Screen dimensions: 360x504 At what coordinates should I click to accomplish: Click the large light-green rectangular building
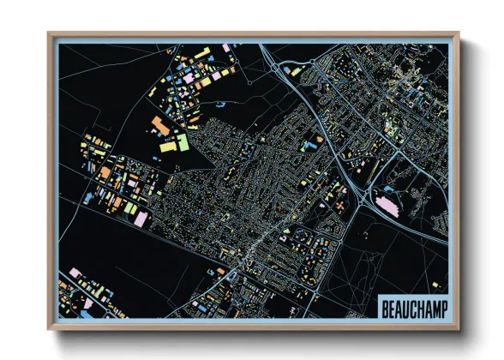click(x=182, y=142)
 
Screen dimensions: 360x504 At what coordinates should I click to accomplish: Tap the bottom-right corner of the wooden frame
click(x=459, y=327)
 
